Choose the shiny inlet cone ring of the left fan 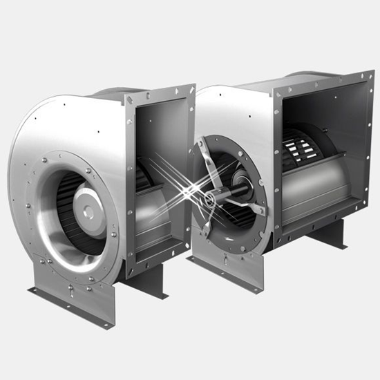click(x=48, y=221)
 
